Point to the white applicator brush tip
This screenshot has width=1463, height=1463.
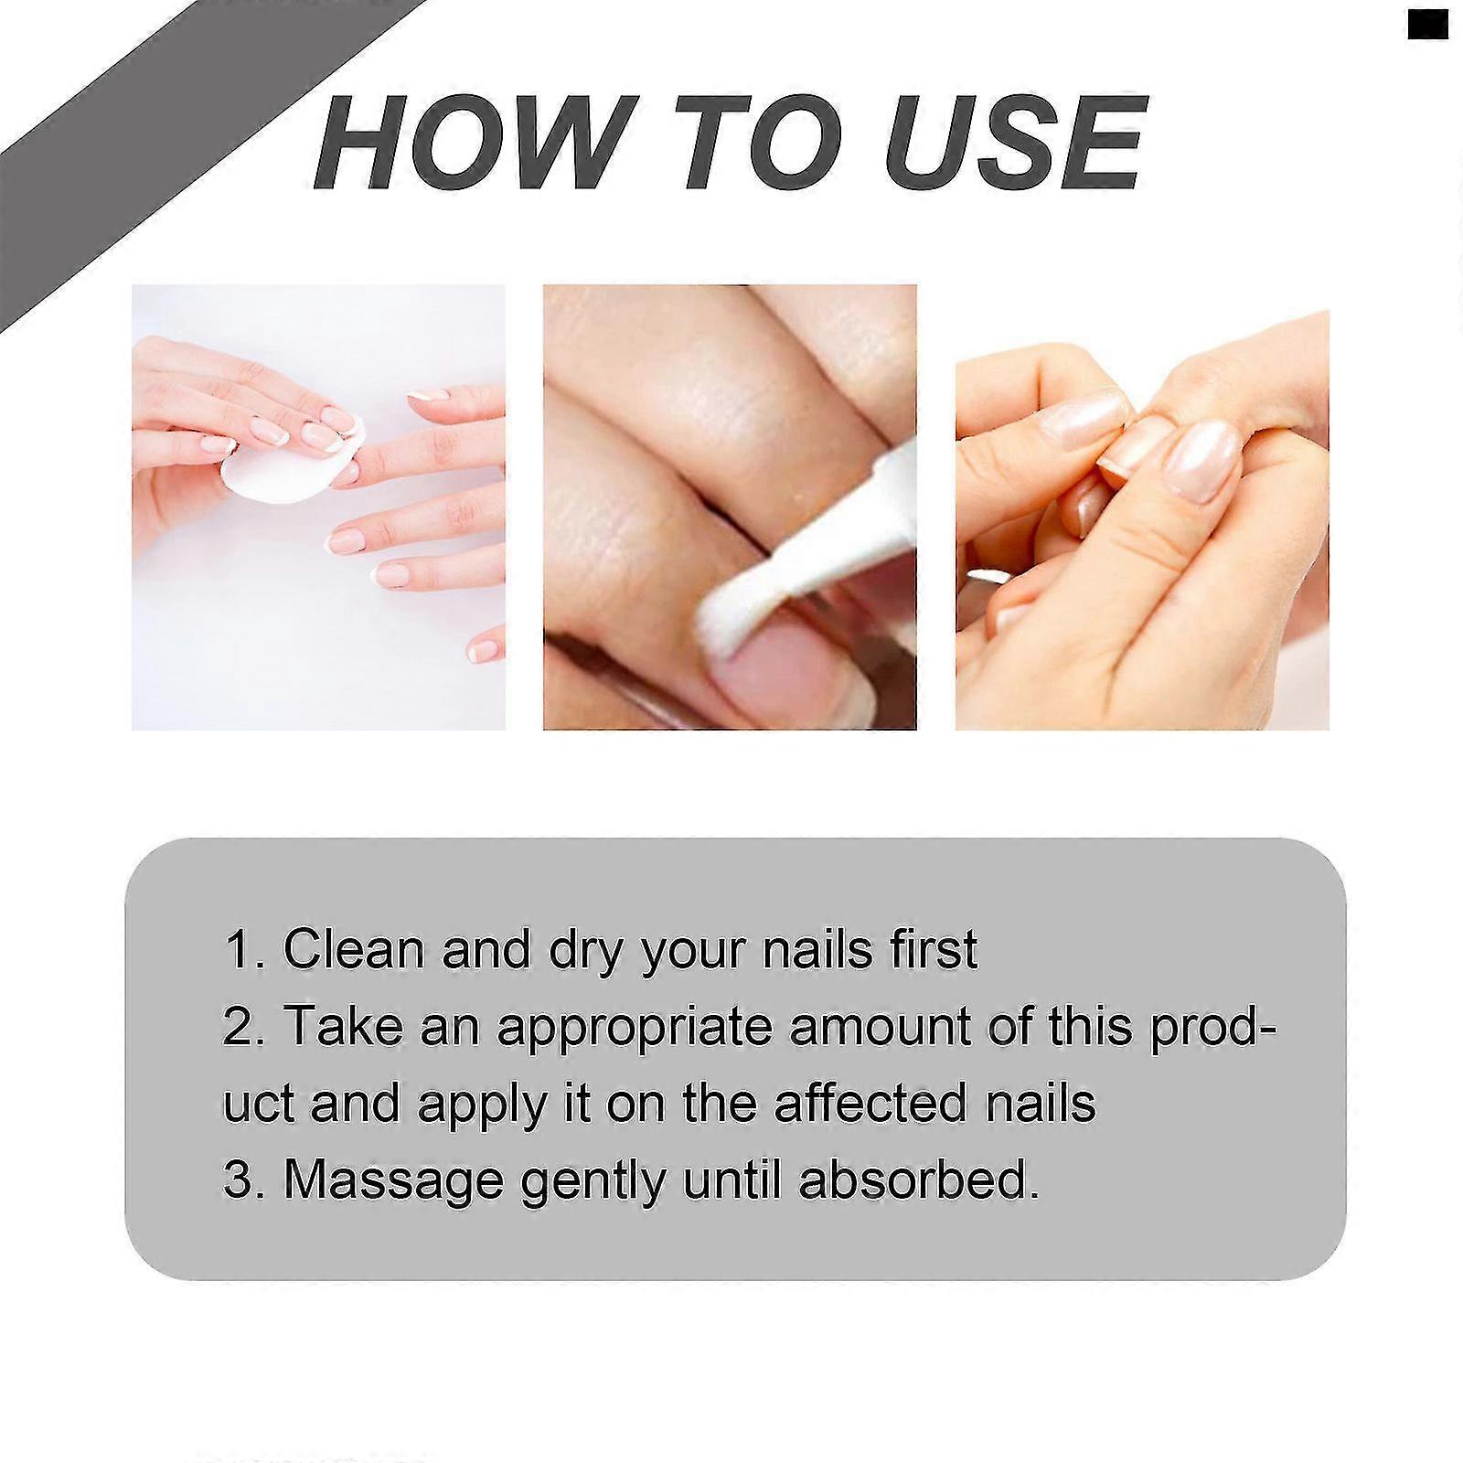pyautogui.click(x=737, y=604)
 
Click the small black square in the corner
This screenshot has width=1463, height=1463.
pyautogui.click(x=1428, y=25)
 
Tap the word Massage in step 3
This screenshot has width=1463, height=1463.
pyautogui.click(x=393, y=1181)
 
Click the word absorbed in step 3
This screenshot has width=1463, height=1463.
pyautogui.click(x=919, y=1180)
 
